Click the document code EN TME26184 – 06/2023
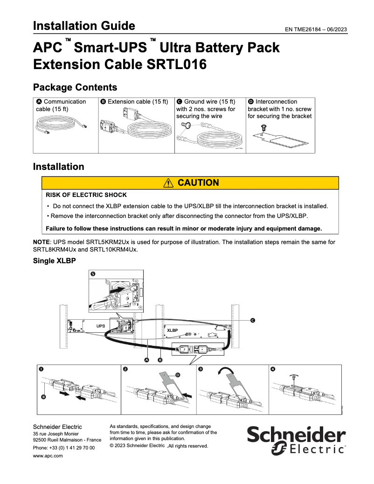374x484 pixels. coord(315,29)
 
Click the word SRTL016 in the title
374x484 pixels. coord(176,64)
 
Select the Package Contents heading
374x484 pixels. coord(75,87)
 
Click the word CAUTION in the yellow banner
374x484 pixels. coord(198,183)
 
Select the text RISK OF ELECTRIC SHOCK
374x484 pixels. coord(86,195)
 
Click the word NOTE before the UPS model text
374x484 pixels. coord(42,242)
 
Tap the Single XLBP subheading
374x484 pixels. coord(54,261)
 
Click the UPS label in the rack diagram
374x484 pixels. coord(101,326)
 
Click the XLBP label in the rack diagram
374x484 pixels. coord(172,330)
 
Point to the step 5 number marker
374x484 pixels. coord(92,274)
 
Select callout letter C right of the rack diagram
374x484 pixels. coord(253,320)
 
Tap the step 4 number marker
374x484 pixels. coord(273,369)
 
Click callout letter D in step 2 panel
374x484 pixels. coord(177,375)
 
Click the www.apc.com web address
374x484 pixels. coord(48,456)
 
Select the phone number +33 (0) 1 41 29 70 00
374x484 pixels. coord(64,448)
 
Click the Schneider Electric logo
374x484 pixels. coord(296,440)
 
